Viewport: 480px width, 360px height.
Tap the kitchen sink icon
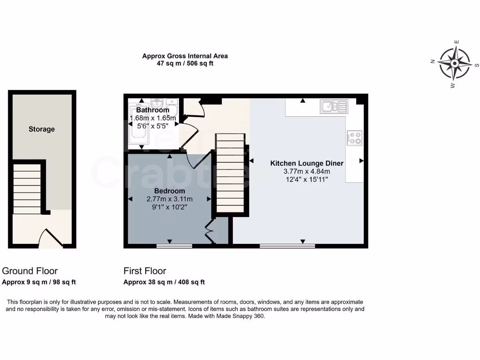click(334, 106)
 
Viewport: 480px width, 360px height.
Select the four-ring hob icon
click(354, 138)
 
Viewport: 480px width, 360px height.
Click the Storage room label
click(42, 129)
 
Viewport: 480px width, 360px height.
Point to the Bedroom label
click(170, 191)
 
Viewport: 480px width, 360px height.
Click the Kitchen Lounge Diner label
click(307, 164)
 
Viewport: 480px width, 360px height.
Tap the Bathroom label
click(152, 110)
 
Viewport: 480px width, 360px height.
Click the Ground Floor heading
click(30, 271)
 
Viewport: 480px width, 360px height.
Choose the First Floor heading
click(145, 271)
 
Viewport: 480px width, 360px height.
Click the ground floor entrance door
click(51, 238)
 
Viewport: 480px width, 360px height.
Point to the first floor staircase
click(230, 173)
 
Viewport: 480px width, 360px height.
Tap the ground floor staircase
click(27, 187)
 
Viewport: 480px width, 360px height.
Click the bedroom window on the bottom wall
click(174, 245)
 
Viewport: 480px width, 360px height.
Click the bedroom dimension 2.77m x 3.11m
click(170, 199)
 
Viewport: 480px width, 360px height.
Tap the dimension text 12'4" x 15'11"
click(307, 179)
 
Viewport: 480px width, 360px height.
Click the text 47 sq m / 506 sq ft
click(185, 63)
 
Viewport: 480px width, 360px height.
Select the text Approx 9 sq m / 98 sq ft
click(39, 282)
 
